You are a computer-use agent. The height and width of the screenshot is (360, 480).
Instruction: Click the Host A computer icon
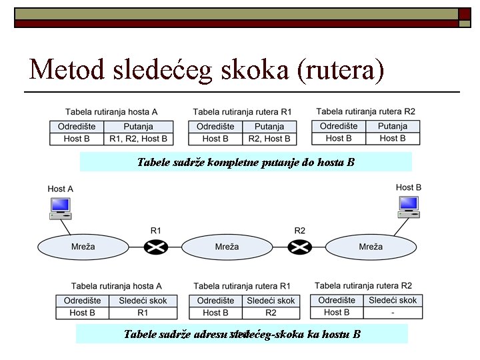[x=60, y=208]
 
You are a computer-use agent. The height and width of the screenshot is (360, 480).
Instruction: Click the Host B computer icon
[x=409, y=207]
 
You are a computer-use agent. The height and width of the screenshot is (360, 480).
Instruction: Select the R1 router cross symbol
[x=156, y=247]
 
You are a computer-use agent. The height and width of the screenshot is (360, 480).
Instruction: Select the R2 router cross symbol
[x=300, y=247]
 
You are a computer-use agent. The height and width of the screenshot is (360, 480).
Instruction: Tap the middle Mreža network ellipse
[x=227, y=247]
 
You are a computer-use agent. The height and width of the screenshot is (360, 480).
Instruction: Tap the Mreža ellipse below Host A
[x=83, y=247]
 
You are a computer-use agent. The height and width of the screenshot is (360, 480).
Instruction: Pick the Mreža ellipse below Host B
[x=371, y=247]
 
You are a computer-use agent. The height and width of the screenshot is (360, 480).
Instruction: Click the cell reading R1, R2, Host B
[x=139, y=139]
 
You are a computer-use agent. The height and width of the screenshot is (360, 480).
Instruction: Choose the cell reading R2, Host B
[x=269, y=139]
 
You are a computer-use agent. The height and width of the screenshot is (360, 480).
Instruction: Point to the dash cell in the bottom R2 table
[x=393, y=312]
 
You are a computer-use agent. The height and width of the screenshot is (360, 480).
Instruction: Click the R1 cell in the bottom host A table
[x=143, y=313]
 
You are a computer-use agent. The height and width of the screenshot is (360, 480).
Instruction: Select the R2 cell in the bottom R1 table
[x=271, y=313]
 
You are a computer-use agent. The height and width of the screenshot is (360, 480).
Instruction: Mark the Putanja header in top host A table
[x=139, y=126]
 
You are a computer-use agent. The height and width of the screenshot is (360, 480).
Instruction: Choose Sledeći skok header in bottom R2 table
[x=393, y=300]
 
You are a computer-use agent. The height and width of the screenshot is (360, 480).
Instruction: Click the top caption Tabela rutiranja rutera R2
[x=365, y=111]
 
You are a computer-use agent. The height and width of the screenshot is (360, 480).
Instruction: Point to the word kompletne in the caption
[x=238, y=162]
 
